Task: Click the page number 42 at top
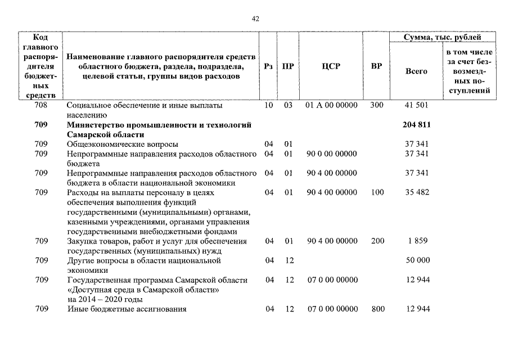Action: point(255,19)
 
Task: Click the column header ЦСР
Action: point(331,66)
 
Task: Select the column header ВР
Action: point(377,66)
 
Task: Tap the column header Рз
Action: point(269,66)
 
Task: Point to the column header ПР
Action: point(288,66)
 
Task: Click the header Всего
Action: point(416,71)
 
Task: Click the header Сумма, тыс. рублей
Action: point(443,37)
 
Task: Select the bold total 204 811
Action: point(417,124)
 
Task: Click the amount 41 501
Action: point(417,105)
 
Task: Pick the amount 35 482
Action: point(417,192)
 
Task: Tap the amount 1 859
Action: point(417,241)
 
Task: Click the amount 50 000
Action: point(417,260)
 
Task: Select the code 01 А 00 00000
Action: point(331,105)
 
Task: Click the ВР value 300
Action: point(377,105)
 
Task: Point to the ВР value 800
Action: point(378,309)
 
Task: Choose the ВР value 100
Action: point(377,192)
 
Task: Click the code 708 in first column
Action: point(41,105)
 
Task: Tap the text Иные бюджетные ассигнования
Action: point(127,309)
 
